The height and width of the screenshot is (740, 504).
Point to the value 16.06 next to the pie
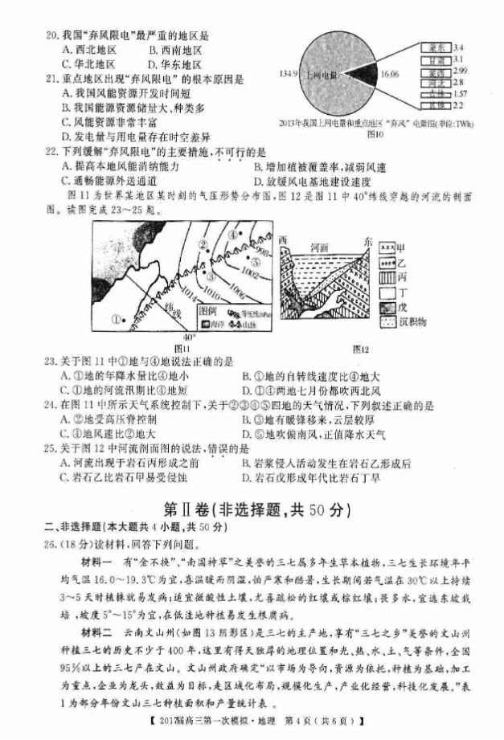click(x=389, y=74)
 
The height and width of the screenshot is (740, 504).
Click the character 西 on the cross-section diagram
click(x=282, y=240)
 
